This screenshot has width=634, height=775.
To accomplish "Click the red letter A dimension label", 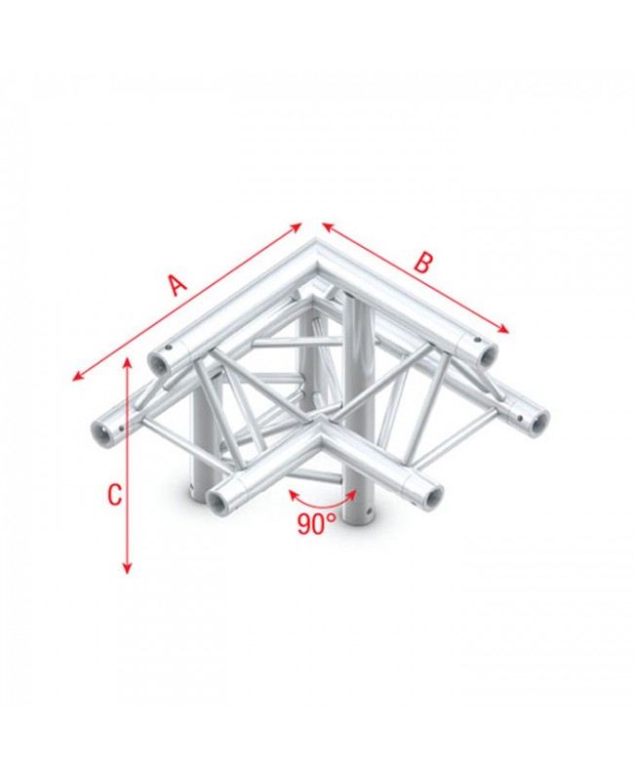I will (176, 285).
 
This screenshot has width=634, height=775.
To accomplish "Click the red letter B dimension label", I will (421, 263).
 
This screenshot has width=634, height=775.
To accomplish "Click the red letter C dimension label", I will (114, 495).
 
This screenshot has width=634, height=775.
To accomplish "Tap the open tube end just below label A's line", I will (160, 361).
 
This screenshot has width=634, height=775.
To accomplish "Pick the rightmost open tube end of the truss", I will (535, 421).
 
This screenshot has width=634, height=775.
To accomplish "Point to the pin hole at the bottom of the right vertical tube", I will (368, 512).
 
